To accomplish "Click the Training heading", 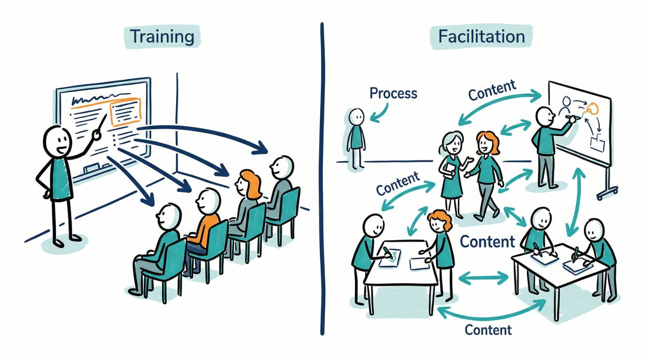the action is pos(162,37).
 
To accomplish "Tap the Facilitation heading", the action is pos(481,37).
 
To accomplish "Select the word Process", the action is pos(393,93).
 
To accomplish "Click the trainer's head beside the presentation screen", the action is pos(57,142).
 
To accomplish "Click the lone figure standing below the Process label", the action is pos(356,139).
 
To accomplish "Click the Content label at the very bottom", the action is pos(488,330).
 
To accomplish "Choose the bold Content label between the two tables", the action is pos(487,241).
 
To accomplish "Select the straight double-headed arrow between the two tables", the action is pos(483,278).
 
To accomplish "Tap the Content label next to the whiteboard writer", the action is pos(492,90).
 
